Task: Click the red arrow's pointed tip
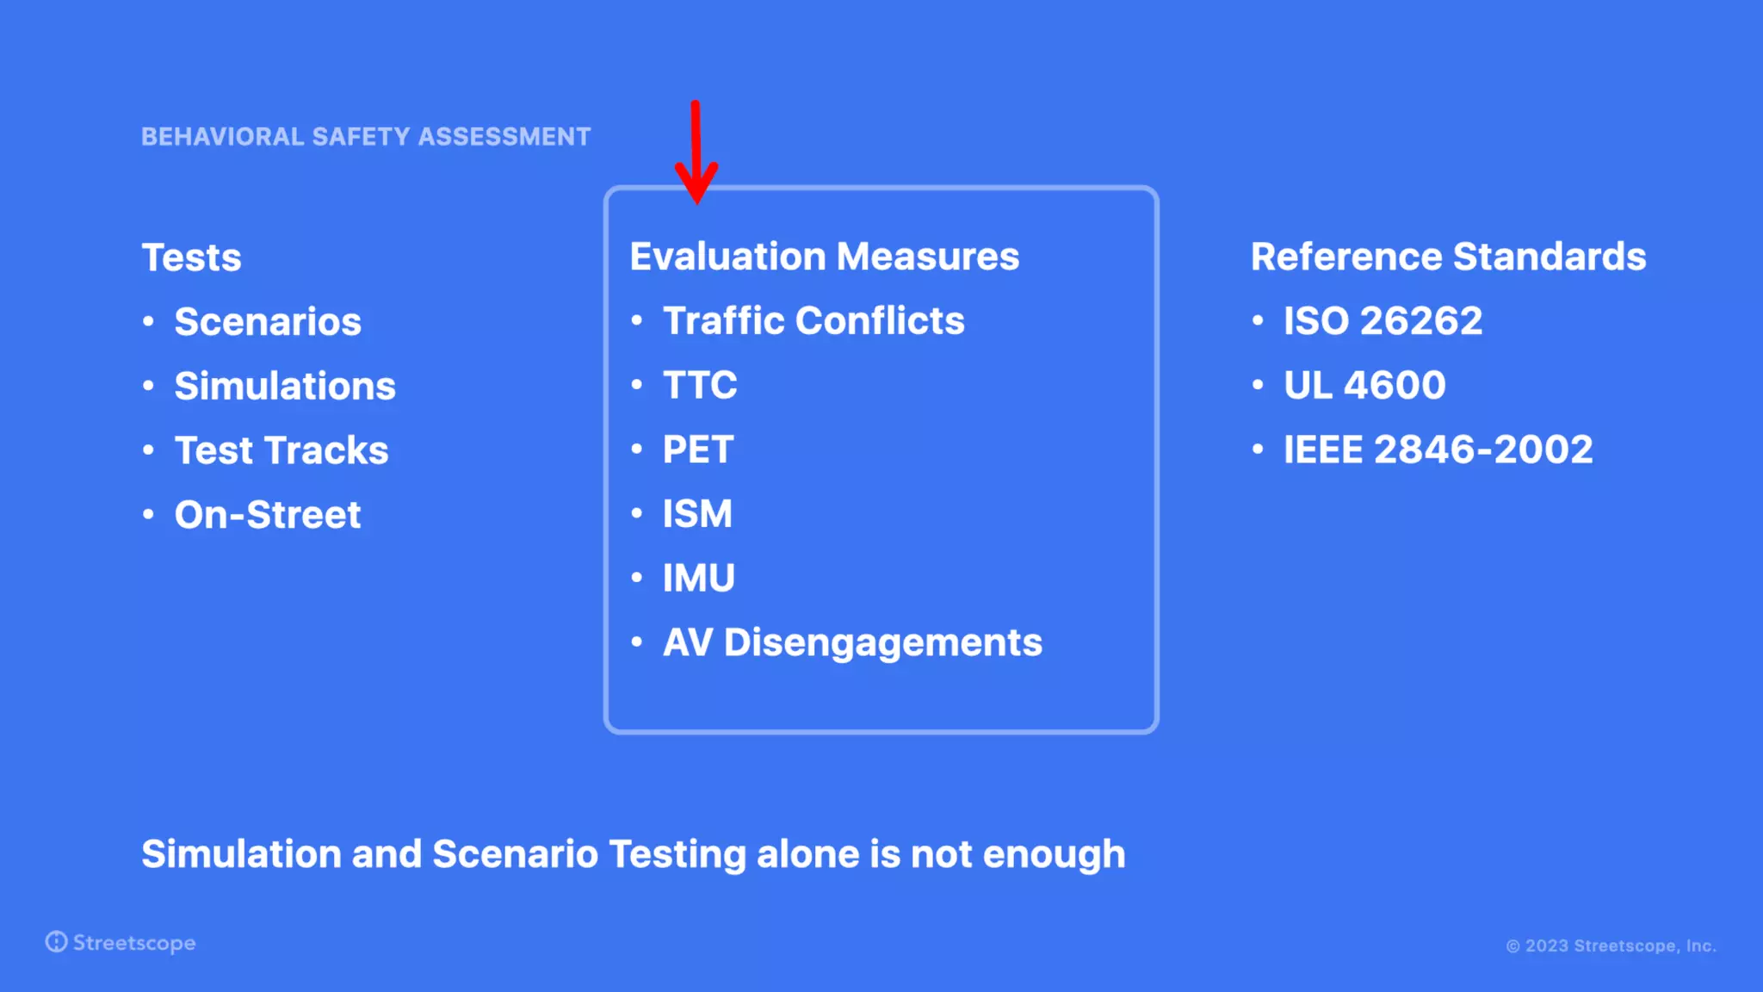pyautogui.click(x=696, y=202)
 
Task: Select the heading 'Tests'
pyautogui.click(x=191, y=257)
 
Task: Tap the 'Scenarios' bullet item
pyautogui.click(x=267, y=322)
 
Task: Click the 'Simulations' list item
pyautogui.click(x=285, y=387)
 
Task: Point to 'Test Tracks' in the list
pyautogui.click(x=281, y=450)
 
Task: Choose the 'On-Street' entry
pyautogui.click(x=267, y=515)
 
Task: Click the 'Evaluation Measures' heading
pyautogui.click(x=824, y=257)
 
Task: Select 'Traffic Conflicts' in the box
pyautogui.click(x=813, y=321)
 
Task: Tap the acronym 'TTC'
pyautogui.click(x=700, y=385)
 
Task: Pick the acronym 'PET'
pyautogui.click(x=698, y=449)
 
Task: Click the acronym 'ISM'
pyautogui.click(x=697, y=514)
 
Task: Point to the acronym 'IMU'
pyautogui.click(x=698, y=578)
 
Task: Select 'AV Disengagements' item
pyautogui.click(x=852, y=642)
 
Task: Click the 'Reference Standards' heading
pyautogui.click(x=1448, y=257)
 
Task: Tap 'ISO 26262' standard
pyautogui.click(x=1383, y=321)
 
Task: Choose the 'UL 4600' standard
pyautogui.click(x=1364, y=385)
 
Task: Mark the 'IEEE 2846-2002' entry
pyautogui.click(x=1438, y=449)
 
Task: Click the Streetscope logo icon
pyautogui.click(x=57, y=942)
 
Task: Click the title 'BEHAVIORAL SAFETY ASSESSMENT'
pyautogui.click(x=366, y=137)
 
